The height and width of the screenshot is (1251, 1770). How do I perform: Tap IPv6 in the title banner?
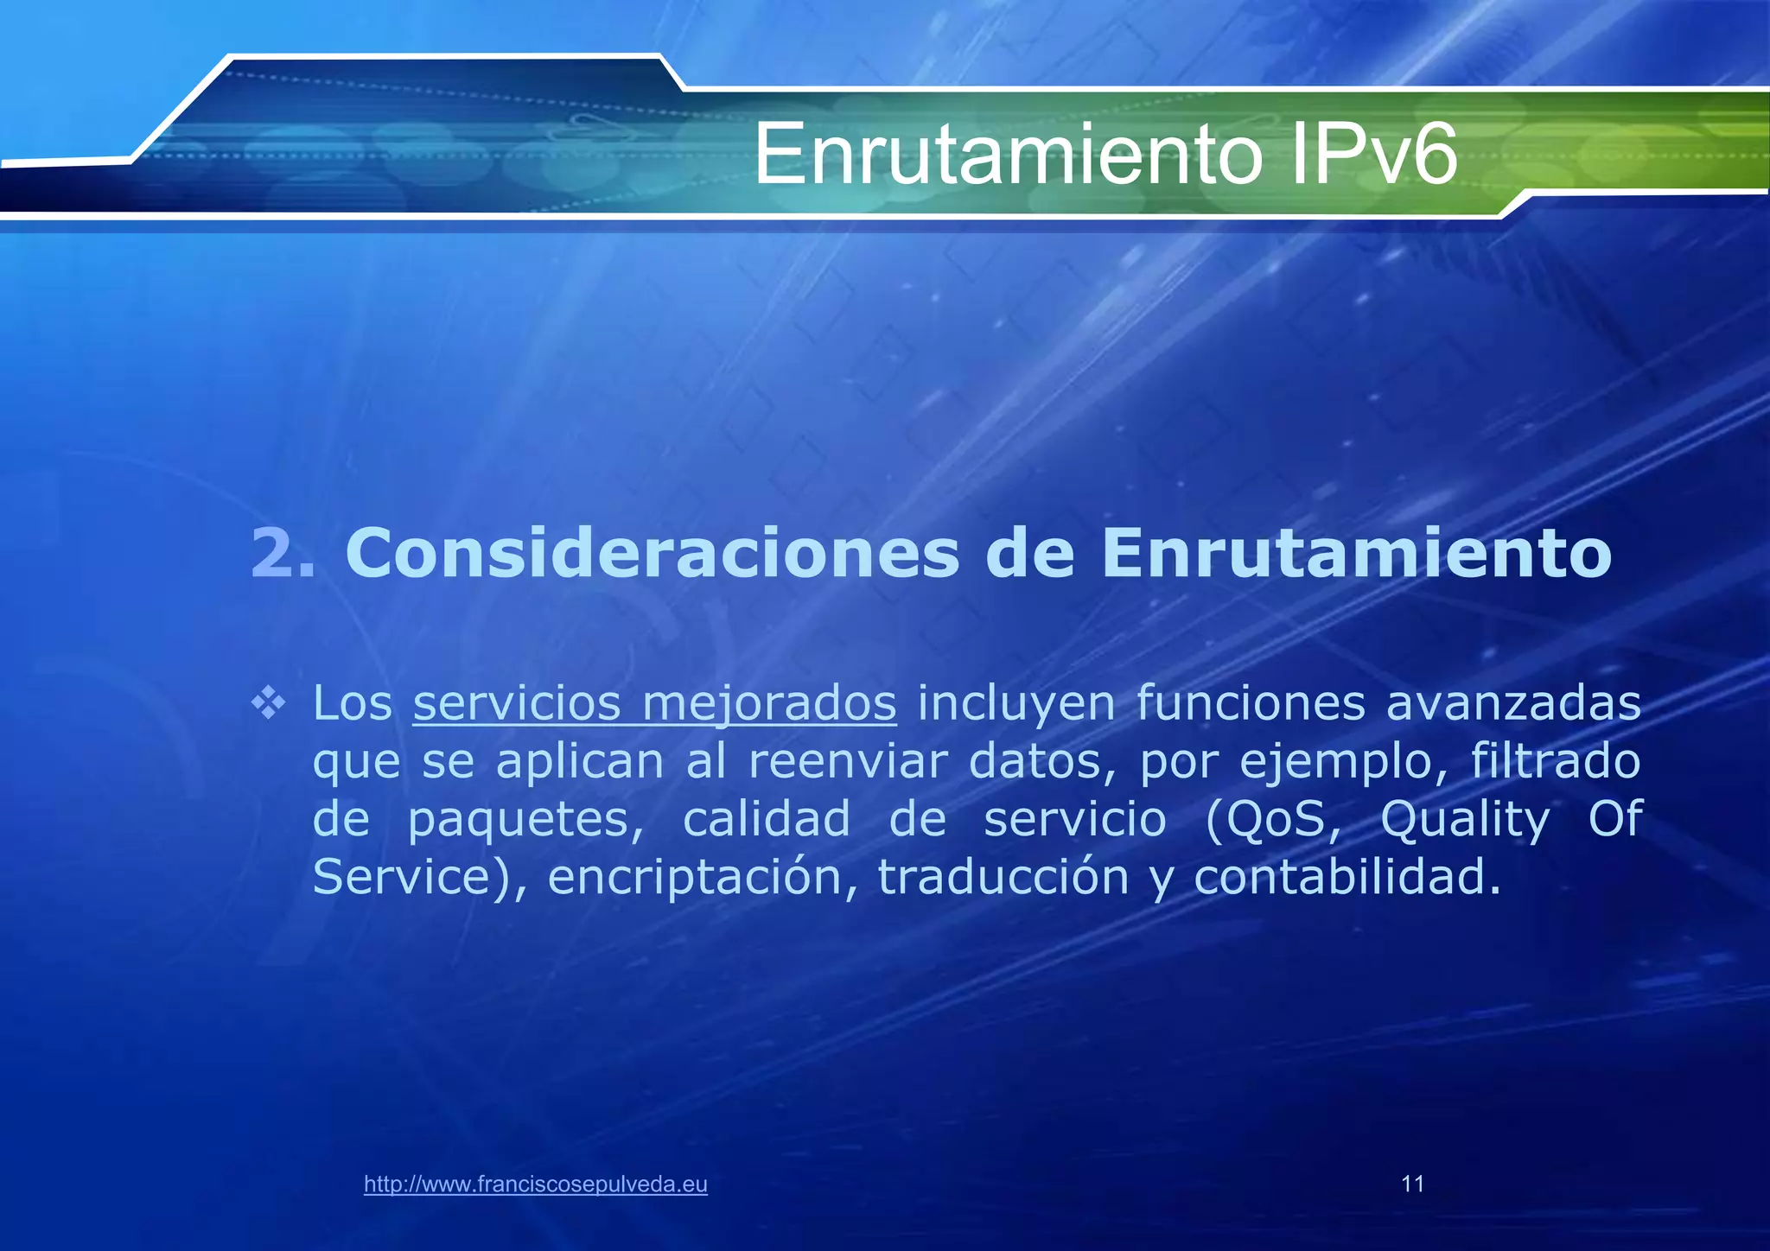(x=1373, y=155)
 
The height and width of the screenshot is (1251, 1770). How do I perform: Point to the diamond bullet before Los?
(x=268, y=703)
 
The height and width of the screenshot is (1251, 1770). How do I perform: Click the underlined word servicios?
(x=517, y=703)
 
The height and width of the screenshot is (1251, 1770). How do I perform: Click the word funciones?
(x=1251, y=703)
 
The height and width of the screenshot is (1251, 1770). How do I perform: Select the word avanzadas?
(x=1513, y=703)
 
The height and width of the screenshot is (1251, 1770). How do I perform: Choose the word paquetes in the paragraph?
(x=525, y=821)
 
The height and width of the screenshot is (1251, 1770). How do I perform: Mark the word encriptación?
(x=703, y=878)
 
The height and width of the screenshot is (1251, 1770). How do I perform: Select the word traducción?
(x=1003, y=878)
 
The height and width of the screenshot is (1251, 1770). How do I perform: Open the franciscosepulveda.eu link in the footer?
(x=536, y=1184)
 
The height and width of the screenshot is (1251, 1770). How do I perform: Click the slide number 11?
(x=1412, y=1184)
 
